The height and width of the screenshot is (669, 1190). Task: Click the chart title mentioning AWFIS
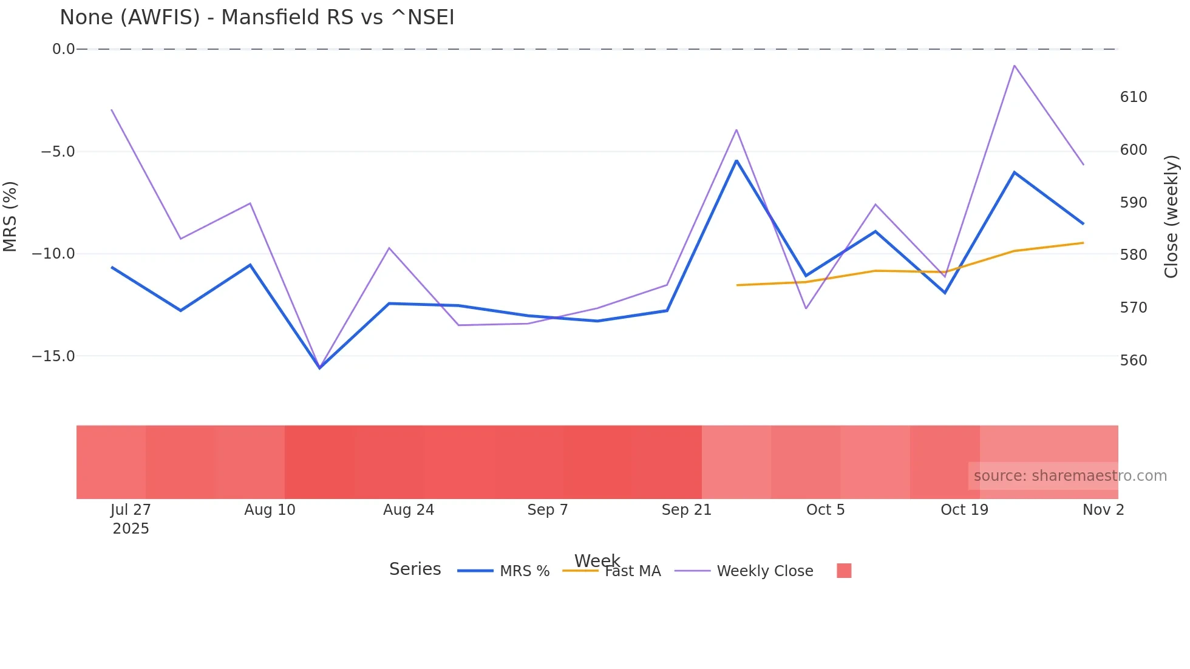(257, 18)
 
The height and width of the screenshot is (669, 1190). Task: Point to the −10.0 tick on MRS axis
(53, 254)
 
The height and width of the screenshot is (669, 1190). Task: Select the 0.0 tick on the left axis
(63, 49)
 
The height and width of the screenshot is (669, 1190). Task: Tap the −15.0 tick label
(53, 356)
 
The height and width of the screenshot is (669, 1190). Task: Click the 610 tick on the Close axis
(1133, 97)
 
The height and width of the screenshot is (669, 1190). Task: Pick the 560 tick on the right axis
(1133, 361)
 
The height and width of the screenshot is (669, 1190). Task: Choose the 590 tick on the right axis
(1133, 203)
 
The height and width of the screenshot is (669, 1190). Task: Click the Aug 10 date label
(270, 510)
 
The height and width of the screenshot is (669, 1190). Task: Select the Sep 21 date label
(686, 510)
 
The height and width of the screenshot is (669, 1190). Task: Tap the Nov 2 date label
(1103, 510)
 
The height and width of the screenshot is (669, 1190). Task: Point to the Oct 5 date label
(825, 510)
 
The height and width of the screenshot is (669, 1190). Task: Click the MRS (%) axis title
(10, 216)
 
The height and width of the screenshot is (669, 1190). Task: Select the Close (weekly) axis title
(1171, 216)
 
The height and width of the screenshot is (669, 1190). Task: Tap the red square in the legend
(844, 571)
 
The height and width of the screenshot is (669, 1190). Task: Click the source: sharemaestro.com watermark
(1070, 476)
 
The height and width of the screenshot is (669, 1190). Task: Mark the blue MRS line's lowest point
(319, 368)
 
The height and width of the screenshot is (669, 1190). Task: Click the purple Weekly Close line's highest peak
(1014, 66)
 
